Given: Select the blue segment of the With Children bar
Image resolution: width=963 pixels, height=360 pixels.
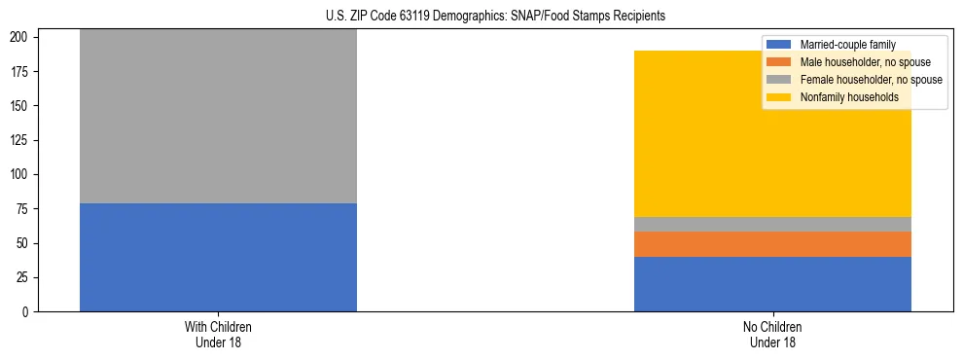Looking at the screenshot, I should (218, 257).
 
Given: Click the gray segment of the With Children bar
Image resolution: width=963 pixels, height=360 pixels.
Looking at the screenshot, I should (218, 117).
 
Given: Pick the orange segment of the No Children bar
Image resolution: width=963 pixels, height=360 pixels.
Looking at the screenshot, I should (772, 244).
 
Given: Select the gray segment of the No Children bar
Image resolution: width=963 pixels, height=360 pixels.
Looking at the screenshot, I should (772, 224).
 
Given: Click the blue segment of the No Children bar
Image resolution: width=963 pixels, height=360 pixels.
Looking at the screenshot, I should (772, 284).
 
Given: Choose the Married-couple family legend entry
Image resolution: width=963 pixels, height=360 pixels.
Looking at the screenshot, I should (846, 45).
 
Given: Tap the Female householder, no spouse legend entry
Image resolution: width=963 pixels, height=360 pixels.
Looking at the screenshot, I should (869, 80).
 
